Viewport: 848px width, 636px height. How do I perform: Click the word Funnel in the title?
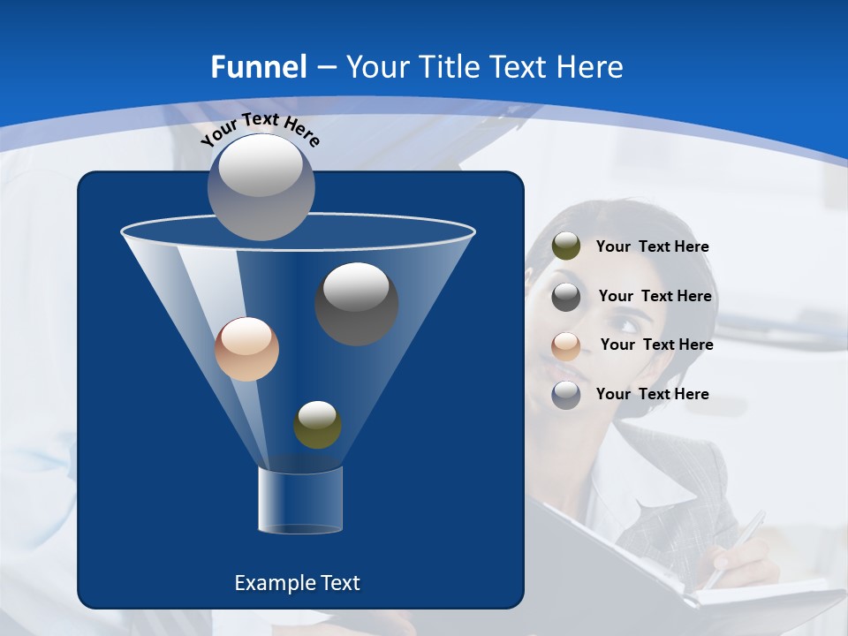click(x=258, y=67)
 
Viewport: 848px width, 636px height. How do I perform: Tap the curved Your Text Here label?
click(x=261, y=129)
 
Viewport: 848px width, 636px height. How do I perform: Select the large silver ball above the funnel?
click(x=261, y=186)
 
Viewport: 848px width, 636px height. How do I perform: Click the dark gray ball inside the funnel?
click(x=356, y=303)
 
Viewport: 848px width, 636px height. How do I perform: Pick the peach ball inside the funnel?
click(x=246, y=349)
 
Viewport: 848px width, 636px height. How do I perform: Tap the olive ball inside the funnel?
click(x=317, y=424)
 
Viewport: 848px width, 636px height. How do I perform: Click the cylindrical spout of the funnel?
click(x=299, y=500)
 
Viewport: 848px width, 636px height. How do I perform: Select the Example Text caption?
click(x=297, y=583)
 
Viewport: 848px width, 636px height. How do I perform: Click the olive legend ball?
click(x=566, y=246)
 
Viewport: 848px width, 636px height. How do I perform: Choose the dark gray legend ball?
click(x=566, y=296)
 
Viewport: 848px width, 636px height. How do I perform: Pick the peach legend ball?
click(x=566, y=345)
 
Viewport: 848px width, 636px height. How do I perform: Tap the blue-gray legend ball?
click(x=566, y=395)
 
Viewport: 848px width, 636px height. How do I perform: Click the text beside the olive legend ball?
click(x=652, y=247)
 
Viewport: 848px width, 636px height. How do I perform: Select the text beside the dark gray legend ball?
click(x=655, y=297)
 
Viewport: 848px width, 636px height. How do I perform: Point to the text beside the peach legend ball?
click(x=656, y=345)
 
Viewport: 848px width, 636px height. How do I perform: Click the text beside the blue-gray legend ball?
click(x=652, y=395)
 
